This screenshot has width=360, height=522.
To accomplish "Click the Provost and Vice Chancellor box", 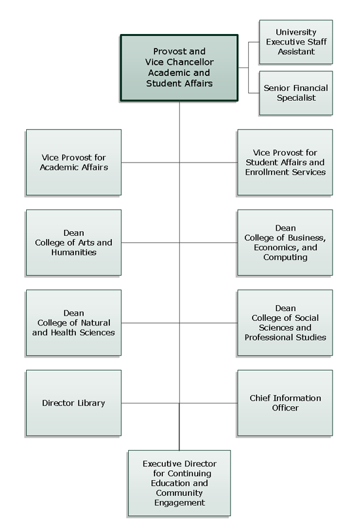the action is coord(179,67).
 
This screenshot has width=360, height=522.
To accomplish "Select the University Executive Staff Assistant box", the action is coord(296,42).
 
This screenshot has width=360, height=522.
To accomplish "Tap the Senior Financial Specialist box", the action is coord(296,93).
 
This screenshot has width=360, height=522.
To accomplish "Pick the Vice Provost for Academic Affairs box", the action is coord(73,162).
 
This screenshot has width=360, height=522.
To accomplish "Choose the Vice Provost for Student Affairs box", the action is coord(285,162).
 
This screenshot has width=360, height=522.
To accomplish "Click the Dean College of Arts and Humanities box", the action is coord(73,243).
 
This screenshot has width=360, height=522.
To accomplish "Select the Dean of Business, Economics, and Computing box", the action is coord(285,243).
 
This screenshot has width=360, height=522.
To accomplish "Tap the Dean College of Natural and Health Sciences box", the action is coord(73,323).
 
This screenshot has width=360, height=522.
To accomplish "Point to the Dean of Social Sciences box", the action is coord(285,323).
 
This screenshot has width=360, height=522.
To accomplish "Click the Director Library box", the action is coord(73,403).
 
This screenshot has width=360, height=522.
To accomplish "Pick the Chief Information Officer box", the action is coord(285,403).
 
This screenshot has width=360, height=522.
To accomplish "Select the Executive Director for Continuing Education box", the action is coord(179,483).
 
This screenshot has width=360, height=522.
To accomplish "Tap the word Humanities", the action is coord(74,252).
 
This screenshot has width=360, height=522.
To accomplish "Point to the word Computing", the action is coord(285,257).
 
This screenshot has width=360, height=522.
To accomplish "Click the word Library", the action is coord(92,403).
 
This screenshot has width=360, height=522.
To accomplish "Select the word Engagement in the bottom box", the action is coord(179,503).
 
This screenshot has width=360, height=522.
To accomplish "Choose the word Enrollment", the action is coord(266,172).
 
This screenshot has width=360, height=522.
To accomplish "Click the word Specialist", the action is coord(296,98).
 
